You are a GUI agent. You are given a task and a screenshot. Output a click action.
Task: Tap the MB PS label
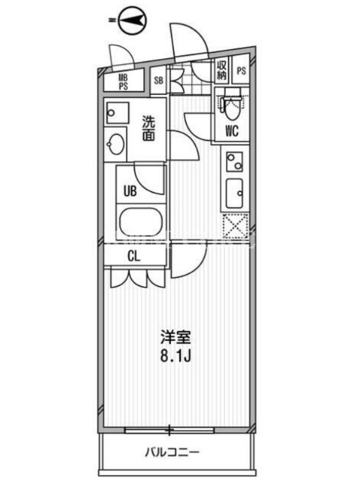click(123, 82)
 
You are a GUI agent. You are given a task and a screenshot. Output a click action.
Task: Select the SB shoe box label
click(158, 80)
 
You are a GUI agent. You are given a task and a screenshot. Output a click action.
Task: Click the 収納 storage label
click(221, 70)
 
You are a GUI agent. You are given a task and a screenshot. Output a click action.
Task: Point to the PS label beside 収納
click(241, 71)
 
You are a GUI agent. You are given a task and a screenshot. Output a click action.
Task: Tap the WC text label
click(232, 131)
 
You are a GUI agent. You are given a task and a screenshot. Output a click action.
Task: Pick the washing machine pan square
click(118, 113)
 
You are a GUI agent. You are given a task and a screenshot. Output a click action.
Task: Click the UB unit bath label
click(130, 191)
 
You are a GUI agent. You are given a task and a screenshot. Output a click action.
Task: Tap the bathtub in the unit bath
click(140, 222)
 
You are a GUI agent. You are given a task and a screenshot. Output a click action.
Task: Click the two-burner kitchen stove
click(235, 161)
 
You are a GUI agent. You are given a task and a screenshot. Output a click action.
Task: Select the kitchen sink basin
click(235, 193)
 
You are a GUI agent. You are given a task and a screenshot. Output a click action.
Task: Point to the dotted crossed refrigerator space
click(235, 226)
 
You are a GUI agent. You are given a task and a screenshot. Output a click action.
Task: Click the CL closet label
click(134, 256)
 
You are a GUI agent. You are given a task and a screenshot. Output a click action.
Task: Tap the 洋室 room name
click(176, 337)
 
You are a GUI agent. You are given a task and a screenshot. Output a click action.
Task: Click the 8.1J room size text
click(176, 356)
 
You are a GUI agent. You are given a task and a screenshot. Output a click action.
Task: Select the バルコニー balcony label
click(172, 452)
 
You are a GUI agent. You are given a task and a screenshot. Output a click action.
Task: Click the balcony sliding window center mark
click(169, 431)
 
